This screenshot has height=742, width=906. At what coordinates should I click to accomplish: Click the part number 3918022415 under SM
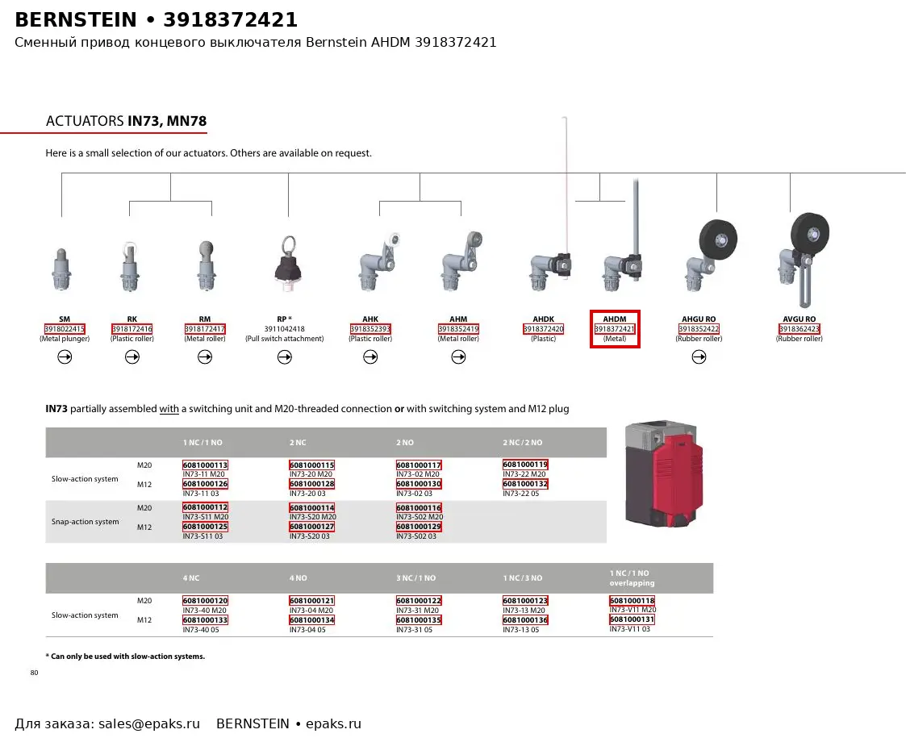pos(65,329)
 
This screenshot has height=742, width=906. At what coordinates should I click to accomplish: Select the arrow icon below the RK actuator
pos(132,357)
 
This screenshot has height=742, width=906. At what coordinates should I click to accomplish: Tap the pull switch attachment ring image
pos(288,265)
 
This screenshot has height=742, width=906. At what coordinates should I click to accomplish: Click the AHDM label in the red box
pos(615,319)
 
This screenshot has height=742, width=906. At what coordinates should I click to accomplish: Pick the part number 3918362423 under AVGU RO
pos(800,329)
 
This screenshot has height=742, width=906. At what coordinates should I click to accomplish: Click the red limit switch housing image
pos(665,473)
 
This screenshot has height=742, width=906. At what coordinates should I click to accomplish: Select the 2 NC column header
pos(298,443)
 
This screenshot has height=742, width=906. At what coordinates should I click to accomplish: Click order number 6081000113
pos(205,465)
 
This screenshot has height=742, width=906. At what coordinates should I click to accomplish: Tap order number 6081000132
pos(525,484)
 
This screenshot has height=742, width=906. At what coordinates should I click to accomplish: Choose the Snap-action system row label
pos(85,522)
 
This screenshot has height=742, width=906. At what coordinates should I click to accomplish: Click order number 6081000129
pos(419,527)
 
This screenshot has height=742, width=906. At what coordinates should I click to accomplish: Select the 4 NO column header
pos(299,578)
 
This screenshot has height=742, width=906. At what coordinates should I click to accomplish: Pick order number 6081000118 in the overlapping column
pos(633,601)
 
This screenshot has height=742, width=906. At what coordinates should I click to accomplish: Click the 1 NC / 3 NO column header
pos(522,578)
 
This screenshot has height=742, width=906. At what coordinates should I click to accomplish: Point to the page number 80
pos(34,673)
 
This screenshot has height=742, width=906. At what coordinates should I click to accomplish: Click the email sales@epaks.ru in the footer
pos(149,724)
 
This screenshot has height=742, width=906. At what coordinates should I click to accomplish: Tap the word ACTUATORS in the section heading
pos(85,121)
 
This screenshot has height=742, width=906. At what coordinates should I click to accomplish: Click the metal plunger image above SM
pos(62,269)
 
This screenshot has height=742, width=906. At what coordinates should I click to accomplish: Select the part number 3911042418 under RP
pos(284,329)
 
